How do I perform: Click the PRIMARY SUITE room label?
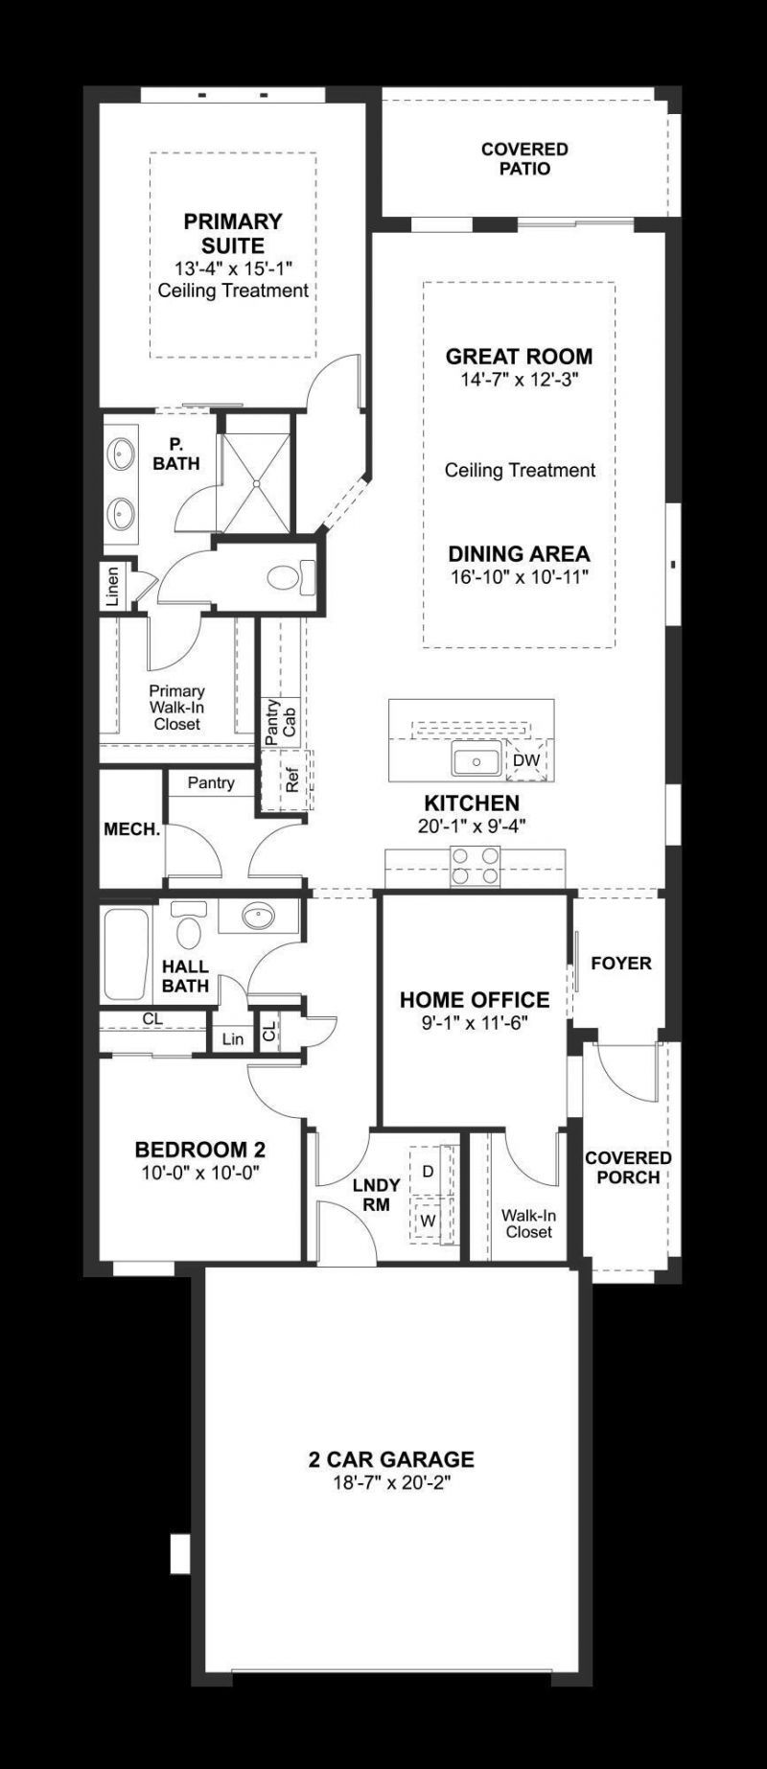point(233,233)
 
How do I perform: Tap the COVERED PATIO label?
point(524,159)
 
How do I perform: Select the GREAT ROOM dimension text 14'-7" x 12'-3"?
point(520,380)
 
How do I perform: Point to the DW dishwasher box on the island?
point(526,760)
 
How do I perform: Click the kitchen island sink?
point(476,762)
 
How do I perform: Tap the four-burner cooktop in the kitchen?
point(476,865)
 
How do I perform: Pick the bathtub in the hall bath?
point(126,954)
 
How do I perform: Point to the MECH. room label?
point(132,829)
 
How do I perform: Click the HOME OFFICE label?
point(475,1000)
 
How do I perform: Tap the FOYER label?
point(620,963)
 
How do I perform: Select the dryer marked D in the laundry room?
point(429,1171)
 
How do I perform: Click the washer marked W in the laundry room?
point(429,1222)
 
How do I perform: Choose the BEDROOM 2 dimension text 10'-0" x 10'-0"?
point(200,1172)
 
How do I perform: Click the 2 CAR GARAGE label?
point(391,1459)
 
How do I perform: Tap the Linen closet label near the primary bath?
point(113,587)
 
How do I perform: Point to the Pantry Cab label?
point(280,721)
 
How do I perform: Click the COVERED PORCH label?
point(628,1167)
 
